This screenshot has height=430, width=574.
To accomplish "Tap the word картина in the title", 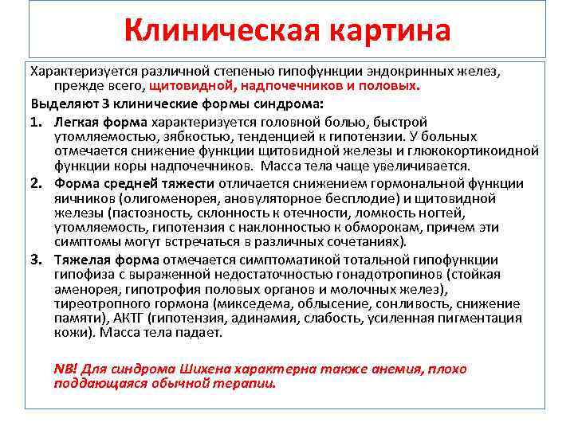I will point(380,31).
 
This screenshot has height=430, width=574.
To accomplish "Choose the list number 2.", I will point(37,184).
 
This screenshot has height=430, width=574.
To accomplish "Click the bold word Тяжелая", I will point(82,260).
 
